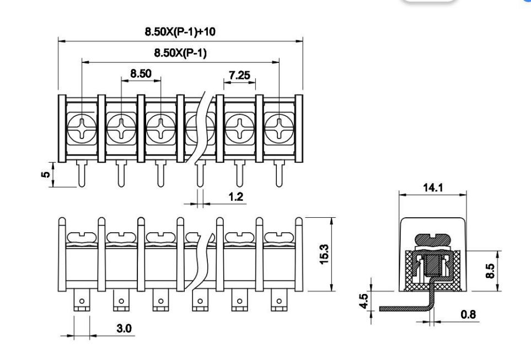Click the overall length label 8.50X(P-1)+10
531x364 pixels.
[180, 31]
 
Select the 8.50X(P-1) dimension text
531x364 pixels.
[180, 53]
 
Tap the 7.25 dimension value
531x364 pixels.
[239, 75]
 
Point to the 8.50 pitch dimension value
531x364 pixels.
[141, 73]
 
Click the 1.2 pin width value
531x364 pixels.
[235, 196]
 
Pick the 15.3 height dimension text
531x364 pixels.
[324, 254]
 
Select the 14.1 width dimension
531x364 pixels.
[433, 188]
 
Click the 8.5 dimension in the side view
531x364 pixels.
[490, 271]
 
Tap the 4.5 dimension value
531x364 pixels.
[363, 301]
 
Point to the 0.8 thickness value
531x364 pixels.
[468, 314]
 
